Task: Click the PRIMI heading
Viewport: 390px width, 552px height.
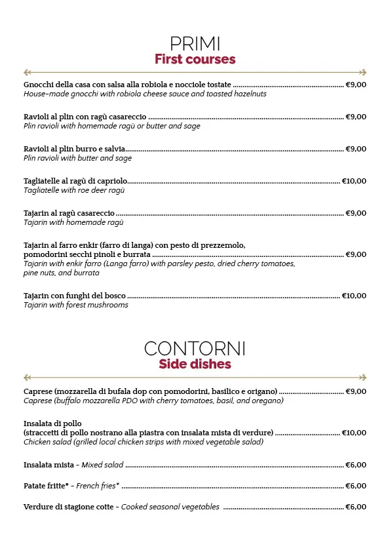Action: pyautogui.click(x=195, y=44)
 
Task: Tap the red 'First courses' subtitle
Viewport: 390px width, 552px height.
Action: pyautogui.click(x=195, y=60)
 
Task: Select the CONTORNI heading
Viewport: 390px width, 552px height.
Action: pyautogui.click(x=195, y=348)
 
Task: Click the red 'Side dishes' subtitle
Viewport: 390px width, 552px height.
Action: pyautogui.click(x=195, y=364)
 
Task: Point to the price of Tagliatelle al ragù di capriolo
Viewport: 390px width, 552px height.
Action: pyautogui.click(x=354, y=181)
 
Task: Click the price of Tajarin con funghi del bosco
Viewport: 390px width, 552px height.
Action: pyautogui.click(x=354, y=296)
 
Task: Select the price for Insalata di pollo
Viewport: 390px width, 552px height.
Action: pyautogui.click(x=354, y=433)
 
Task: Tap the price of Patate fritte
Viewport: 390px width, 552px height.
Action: pyautogui.click(x=356, y=486)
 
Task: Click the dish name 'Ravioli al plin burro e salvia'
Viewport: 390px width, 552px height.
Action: pyautogui.click(x=74, y=149)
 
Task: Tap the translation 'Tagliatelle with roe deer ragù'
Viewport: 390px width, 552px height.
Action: pyautogui.click(x=74, y=190)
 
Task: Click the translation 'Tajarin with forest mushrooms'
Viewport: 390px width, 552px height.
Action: pyautogui.click(x=76, y=305)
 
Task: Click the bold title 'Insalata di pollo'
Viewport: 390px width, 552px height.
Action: pyautogui.click(x=52, y=424)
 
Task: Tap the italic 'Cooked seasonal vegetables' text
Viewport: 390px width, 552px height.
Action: pyautogui.click(x=170, y=507)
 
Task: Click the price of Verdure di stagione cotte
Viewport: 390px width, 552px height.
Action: pyautogui.click(x=356, y=507)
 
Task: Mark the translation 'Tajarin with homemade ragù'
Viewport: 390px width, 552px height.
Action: pyautogui.click(x=73, y=222)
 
